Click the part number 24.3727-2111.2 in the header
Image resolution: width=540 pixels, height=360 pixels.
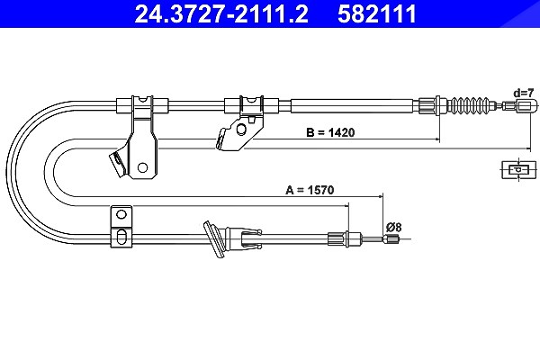221,13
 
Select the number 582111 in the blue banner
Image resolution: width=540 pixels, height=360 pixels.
377,13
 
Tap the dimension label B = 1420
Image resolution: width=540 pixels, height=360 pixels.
330,132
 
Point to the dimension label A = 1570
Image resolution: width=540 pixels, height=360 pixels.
310,190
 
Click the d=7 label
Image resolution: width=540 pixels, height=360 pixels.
524,93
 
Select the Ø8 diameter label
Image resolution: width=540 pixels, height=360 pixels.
394,228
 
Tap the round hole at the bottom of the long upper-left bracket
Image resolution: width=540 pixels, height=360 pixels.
142,167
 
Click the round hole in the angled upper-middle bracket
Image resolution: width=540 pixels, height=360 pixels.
241,130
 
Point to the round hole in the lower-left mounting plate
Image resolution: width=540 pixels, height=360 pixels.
121,214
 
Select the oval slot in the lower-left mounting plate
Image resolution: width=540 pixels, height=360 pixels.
121,237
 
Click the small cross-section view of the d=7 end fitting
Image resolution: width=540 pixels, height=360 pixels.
519,169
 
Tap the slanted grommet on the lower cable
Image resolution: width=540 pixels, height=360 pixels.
214,239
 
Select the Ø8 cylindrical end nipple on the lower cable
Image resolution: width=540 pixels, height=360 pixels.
391,238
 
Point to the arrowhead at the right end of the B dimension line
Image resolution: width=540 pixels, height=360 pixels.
437,139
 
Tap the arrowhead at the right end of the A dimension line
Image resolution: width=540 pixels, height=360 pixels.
381,197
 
